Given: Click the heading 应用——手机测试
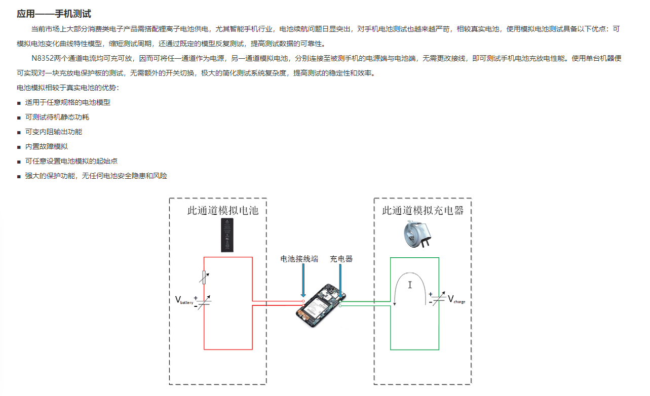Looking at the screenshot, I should (x=54, y=14).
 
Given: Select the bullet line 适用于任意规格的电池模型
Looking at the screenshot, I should (x=67, y=102).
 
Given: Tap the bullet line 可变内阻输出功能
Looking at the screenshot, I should (x=53, y=132).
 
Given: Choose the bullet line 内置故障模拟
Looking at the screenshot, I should (x=46, y=146).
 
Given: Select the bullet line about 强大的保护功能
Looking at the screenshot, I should (x=96, y=176).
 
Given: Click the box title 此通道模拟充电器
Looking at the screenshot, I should (x=423, y=210).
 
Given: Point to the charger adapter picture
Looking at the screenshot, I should (x=417, y=234).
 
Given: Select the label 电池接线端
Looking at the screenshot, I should (x=299, y=259).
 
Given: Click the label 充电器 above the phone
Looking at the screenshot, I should (x=341, y=259).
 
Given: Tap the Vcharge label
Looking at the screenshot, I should (x=456, y=299).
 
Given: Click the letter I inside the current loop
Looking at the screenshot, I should (x=410, y=285).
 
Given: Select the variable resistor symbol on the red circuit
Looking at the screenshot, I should (x=204, y=277).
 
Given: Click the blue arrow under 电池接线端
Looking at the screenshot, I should (x=303, y=281).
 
